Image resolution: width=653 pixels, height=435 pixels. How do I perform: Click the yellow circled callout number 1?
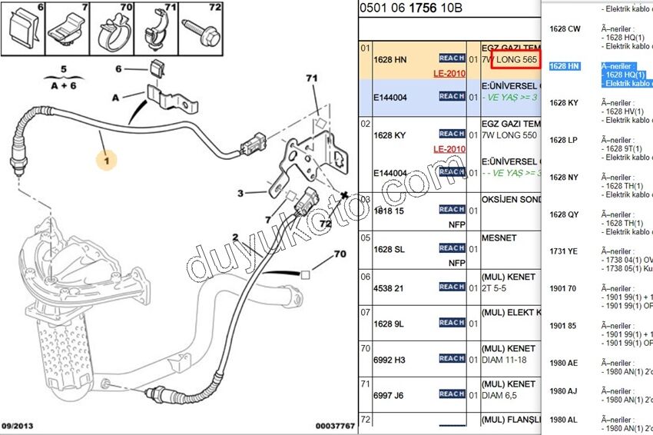(x=107, y=161)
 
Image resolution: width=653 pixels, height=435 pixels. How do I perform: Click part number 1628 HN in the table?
(x=389, y=60)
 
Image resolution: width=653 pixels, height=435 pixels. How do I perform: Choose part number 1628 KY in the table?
(x=389, y=135)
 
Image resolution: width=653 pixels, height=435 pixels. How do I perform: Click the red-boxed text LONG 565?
(x=515, y=60)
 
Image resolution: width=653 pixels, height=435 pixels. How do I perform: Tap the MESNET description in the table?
(x=499, y=238)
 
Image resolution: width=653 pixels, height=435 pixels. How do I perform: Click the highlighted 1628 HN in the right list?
(x=565, y=66)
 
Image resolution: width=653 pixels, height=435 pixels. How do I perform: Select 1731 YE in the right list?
(x=563, y=251)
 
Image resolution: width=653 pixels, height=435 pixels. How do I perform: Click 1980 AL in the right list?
(x=563, y=420)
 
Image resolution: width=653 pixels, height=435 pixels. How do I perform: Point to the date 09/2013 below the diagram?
(x=17, y=426)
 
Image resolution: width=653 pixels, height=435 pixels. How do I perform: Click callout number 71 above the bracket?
(x=311, y=78)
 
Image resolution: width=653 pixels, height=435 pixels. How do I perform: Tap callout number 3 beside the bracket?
(x=240, y=194)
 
